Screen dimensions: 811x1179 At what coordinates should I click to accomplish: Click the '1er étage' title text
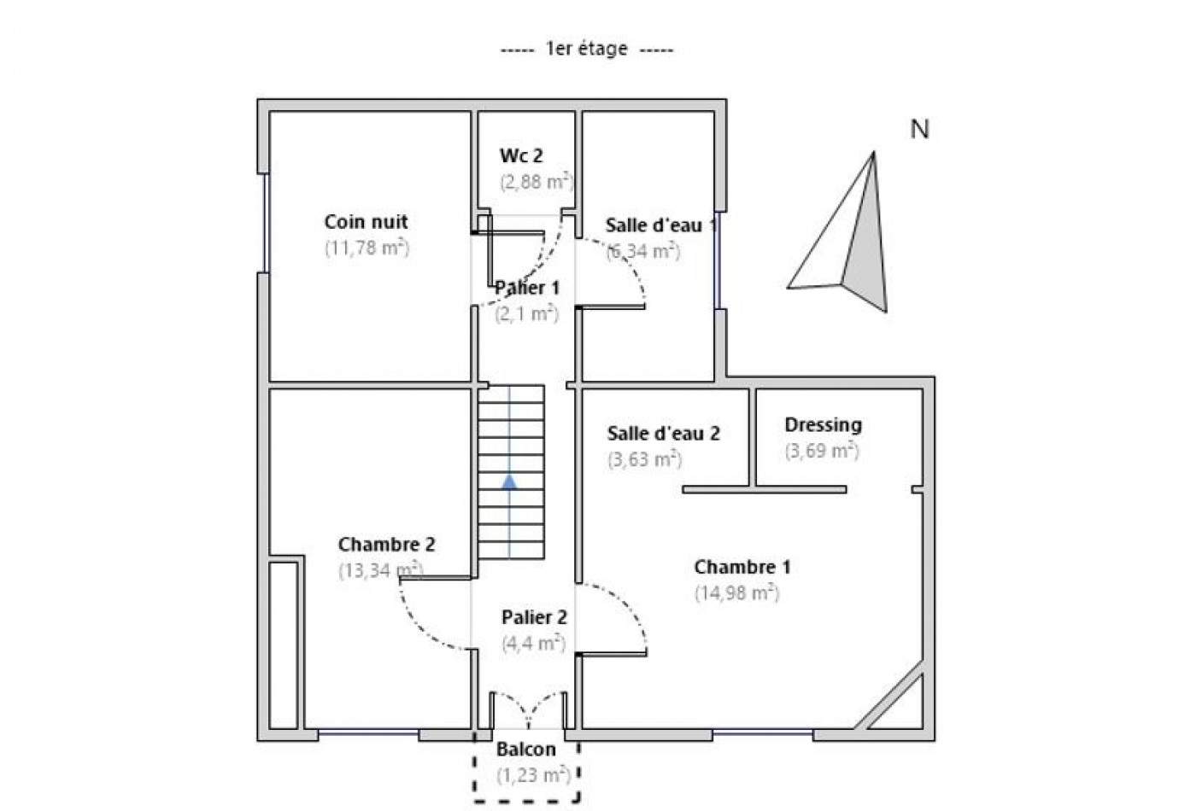point(586,50)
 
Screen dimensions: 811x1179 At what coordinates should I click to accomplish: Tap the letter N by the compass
point(919,130)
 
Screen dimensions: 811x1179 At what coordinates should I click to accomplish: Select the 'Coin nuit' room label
point(366,222)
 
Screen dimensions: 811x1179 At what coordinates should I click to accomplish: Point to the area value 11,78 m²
point(367,248)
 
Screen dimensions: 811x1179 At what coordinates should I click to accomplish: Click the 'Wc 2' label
point(521,156)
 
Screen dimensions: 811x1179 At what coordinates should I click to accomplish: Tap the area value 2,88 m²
point(536,182)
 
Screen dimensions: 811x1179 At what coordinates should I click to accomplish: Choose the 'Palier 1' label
point(527,289)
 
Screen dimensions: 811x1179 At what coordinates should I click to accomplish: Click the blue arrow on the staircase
point(509,482)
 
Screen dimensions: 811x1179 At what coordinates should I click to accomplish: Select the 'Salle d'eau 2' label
point(663,434)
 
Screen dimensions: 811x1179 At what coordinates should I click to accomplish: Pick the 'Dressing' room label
point(823,425)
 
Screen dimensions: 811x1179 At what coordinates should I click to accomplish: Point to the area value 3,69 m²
point(822,451)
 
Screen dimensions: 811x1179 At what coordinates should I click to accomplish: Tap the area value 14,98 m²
point(736,593)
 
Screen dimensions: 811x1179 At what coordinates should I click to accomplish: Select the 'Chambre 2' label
point(386,545)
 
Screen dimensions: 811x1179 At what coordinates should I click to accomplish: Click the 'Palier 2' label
point(534,617)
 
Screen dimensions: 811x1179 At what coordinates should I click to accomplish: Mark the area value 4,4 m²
point(534,643)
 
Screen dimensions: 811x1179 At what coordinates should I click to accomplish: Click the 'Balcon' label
point(526,750)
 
